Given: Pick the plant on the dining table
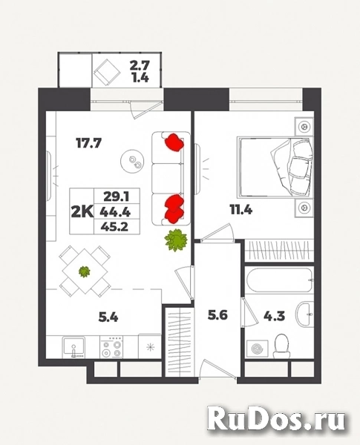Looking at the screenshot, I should click(x=85, y=271).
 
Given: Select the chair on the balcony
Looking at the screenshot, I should click(x=106, y=72).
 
